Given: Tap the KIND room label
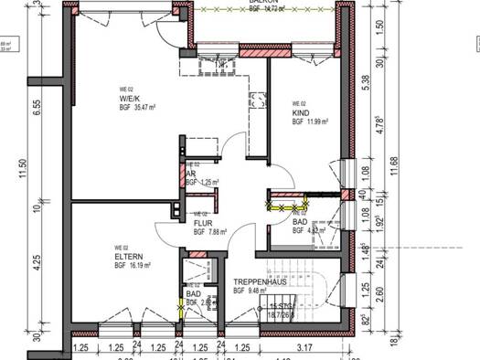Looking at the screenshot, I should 301,112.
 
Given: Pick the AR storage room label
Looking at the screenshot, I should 190,174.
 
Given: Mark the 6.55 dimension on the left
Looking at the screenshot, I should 38,107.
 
